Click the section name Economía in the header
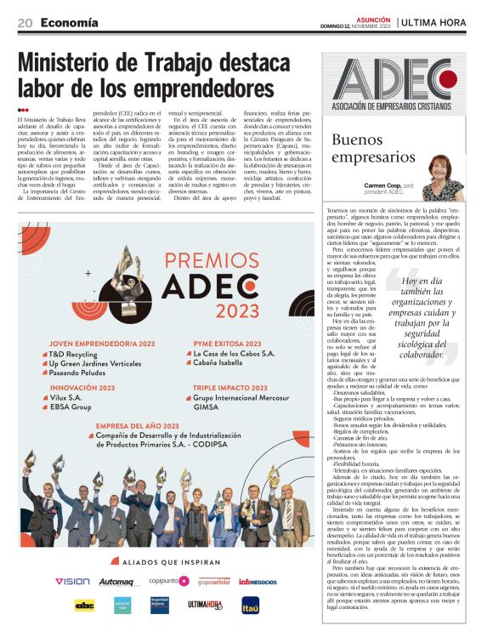[x=68, y=23]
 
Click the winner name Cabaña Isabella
[x=222, y=361]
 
